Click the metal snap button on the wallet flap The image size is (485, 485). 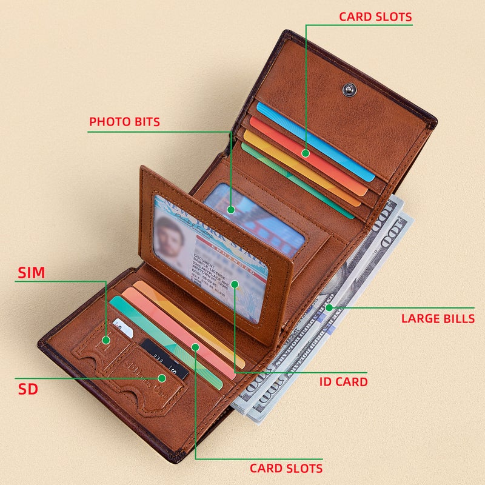[x=349, y=89]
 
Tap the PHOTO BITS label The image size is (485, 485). [x=124, y=122]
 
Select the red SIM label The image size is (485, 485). [x=31, y=273]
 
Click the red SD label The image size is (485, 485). [x=28, y=389]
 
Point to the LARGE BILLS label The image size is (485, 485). [x=438, y=318]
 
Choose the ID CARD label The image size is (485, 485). [x=343, y=382]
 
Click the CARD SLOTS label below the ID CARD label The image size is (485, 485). [x=286, y=468]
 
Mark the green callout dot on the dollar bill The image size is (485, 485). [x=329, y=308]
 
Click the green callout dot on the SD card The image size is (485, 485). [x=162, y=378]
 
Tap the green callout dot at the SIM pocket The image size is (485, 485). [x=106, y=340]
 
